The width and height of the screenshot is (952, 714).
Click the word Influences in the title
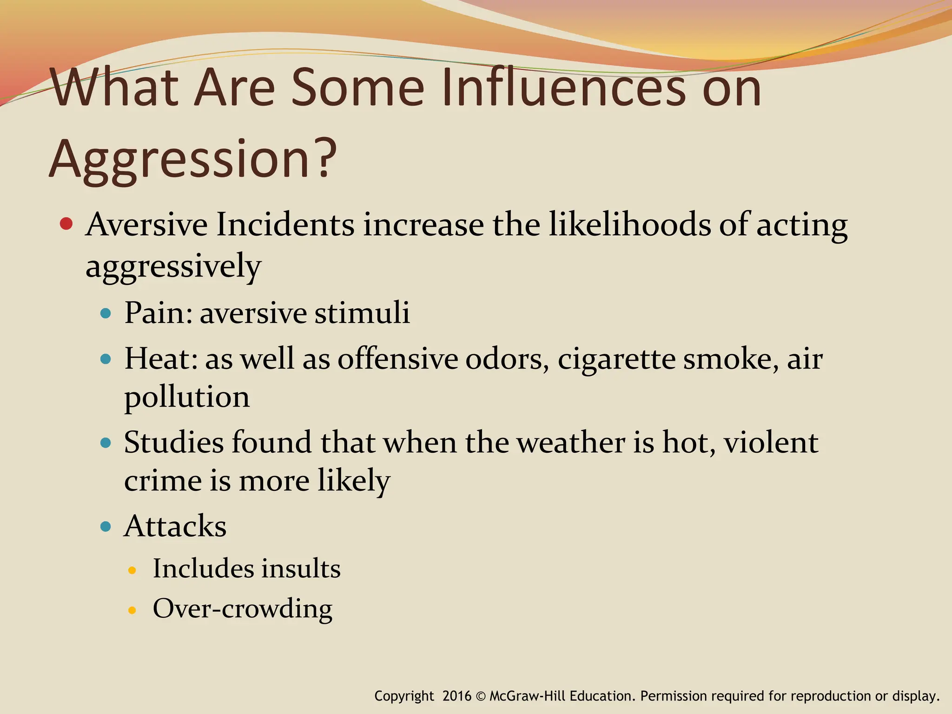click(x=562, y=88)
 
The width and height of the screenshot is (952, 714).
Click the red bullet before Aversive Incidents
click(x=66, y=225)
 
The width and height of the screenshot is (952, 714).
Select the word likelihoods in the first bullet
click(x=630, y=225)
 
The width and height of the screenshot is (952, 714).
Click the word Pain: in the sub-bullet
click(x=158, y=312)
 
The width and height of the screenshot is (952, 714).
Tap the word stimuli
click(x=362, y=312)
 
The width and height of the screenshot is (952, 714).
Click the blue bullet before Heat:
click(x=106, y=359)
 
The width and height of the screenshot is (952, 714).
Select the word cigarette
click(x=616, y=359)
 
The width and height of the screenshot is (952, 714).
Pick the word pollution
click(x=187, y=398)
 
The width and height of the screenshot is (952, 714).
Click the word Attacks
click(x=175, y=526)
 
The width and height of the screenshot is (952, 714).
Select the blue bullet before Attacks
click(x=106, y=527)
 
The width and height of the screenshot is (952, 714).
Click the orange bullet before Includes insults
click(x=132, y=570)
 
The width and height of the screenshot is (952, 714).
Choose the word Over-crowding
click(x=243, y=609)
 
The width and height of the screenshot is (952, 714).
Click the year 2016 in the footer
click(x=456, y=696)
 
